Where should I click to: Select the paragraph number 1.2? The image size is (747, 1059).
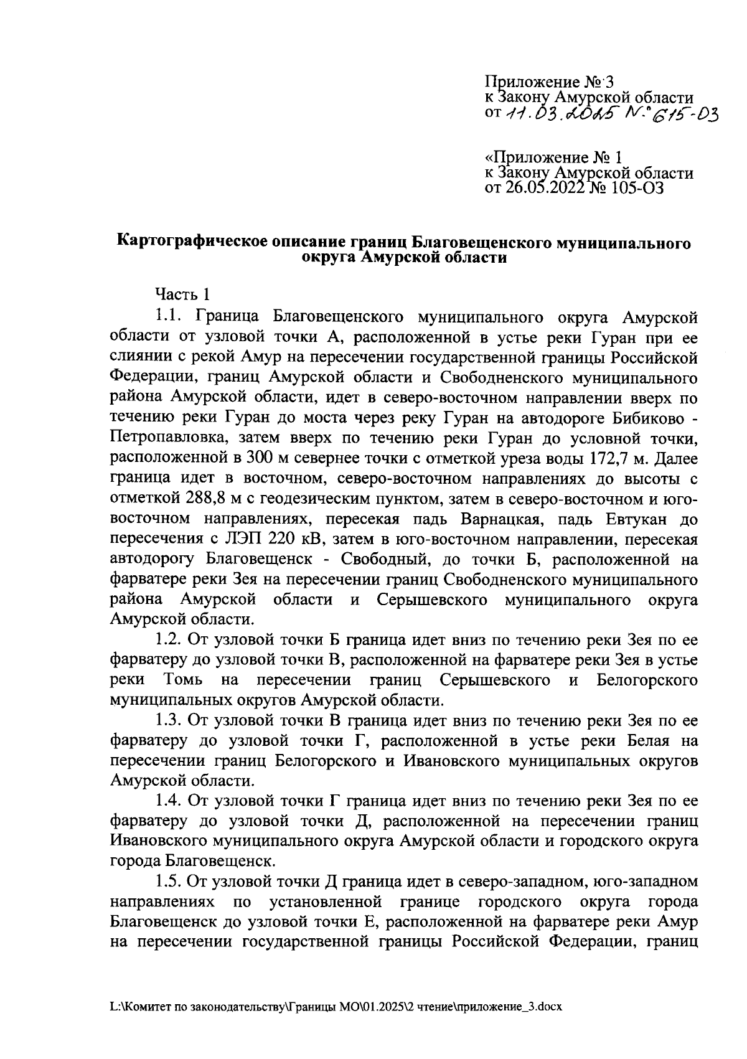click(x=169, y=639)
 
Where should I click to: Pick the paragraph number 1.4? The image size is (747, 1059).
click(x=169, y=801)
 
